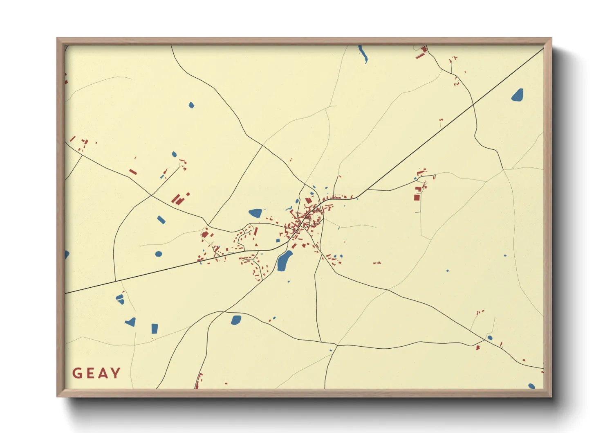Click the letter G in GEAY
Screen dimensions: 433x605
(77, 373)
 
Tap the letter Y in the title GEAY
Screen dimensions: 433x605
(116, 373)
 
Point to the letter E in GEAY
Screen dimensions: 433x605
(90, 373)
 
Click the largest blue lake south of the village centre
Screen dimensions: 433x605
(285, 261)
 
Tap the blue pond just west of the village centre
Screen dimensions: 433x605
(255, 213)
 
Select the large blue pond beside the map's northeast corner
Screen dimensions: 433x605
(518, 95)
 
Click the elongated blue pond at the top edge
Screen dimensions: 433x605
(363, 54)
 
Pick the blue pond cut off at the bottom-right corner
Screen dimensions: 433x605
(531, 386)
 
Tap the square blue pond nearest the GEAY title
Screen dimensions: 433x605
(155, 328)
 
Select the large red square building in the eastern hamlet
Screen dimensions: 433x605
(417, 197)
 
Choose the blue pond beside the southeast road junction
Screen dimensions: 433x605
(490, 338)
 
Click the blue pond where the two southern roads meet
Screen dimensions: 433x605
(236, 320)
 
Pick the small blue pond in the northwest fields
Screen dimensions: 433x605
(191, 105)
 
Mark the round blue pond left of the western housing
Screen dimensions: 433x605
(159, 254)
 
